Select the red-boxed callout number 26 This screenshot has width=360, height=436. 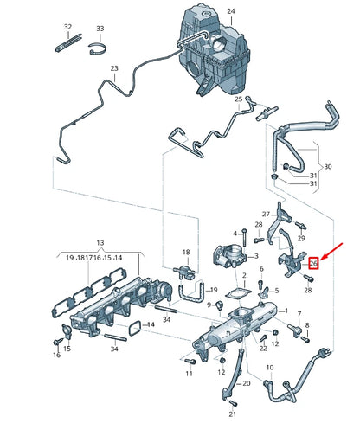click(x=315, y=264)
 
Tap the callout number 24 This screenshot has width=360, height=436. click(x=230, y=10)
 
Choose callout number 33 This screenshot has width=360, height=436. click(x=100, y=29)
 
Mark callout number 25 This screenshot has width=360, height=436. click(x=238, y=99)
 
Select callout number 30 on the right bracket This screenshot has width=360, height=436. click(x=326, y=166)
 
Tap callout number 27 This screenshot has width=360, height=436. click(x=267, y=214)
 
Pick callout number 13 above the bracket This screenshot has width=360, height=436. click(x=99, y=243)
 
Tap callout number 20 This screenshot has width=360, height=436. click(x=246, y=382)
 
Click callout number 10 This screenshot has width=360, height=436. click(x=268, y=368)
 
